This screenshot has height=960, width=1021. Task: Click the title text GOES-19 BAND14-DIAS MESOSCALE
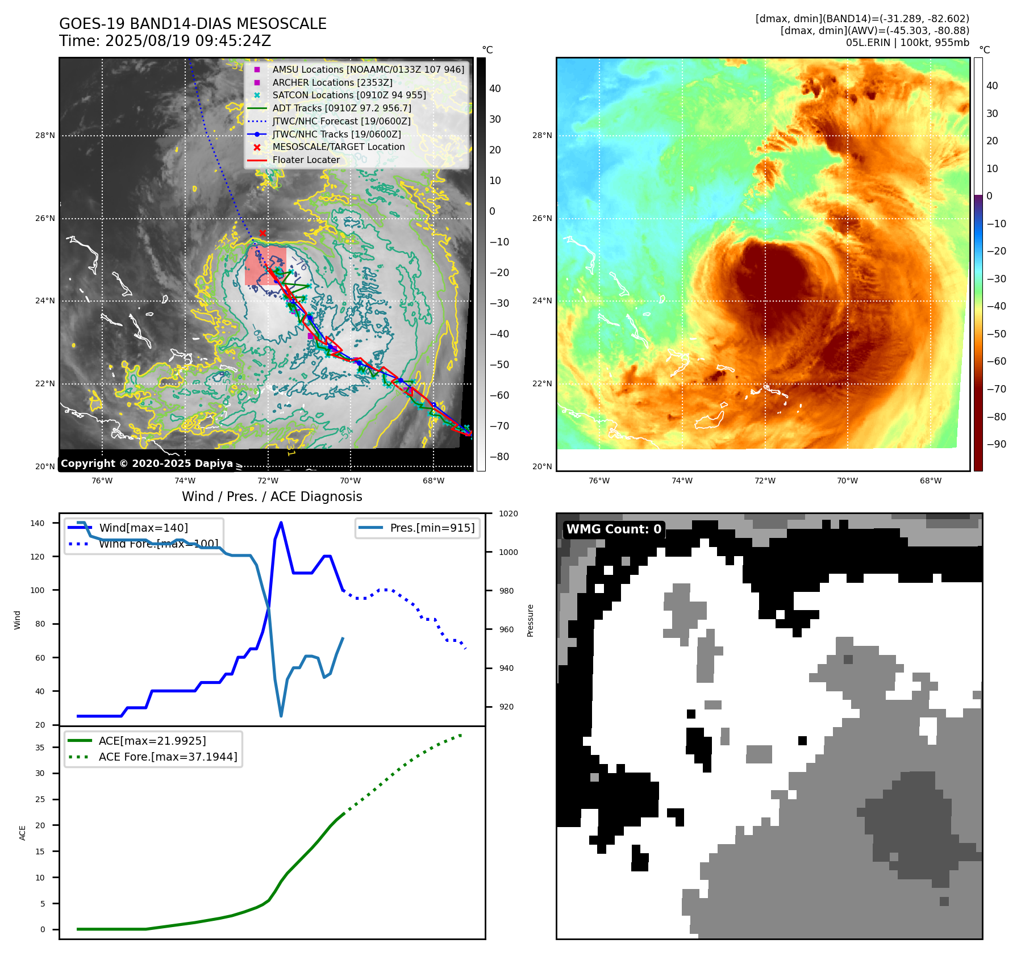(x=193, y=24)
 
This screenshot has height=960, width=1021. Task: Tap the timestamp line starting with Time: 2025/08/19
(x=165, y=41)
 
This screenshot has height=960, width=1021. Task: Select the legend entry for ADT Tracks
(x=341, y=108)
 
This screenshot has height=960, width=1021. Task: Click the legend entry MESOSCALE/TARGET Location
(x=338, y=147)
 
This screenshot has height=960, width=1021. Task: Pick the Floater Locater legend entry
(x=306, y=160)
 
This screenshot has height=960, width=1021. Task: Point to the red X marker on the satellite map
(x=262, y=233)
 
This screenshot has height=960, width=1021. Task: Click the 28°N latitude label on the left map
(x=45, y=135)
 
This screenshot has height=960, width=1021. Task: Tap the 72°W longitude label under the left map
(x=268, y=481)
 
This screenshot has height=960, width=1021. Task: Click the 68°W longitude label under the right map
(x=930, y=481)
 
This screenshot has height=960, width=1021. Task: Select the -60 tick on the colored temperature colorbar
(x=996, y=361)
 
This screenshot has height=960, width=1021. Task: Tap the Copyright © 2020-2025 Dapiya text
(x=147, y=464)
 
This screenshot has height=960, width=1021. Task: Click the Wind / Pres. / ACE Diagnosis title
(x=272, y=496)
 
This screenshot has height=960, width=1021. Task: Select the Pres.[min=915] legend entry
(x=432, y=528)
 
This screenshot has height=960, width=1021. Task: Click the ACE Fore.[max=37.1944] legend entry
(x=168, y=757)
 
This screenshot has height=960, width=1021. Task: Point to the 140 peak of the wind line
(x=281, y=523)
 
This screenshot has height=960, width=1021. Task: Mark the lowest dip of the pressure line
(x=281, y=716)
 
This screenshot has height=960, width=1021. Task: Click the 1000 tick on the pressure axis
(x=508, y=552)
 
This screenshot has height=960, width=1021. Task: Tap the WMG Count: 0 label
(x=614, y=529)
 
